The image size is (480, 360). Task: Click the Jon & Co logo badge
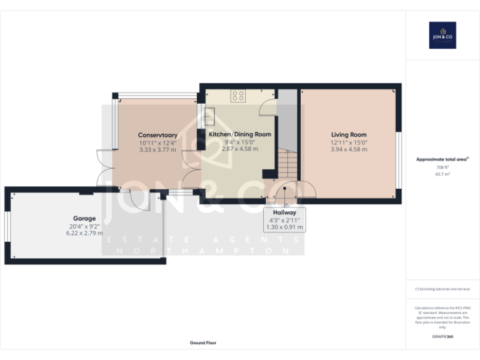pyautogui.click(x=442, y=35)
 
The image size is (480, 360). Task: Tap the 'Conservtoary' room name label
pyautogui.click(x=157, y=134)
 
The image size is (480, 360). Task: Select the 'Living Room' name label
pyautogui.click(x=349, y=134)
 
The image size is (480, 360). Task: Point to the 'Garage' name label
pyautogui.click(x=84, y=218)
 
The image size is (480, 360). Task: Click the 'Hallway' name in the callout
pyautogui.click(x=284, y=212)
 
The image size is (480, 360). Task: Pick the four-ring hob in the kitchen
pyautogui.click(x=238, y=96)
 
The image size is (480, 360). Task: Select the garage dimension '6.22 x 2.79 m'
pyautogui.click(x=84, y=233)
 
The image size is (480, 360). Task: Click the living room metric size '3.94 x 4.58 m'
pyautogui.click(x=349, y=149)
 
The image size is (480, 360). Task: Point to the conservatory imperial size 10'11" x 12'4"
pyautogui.click(x=157, y=142)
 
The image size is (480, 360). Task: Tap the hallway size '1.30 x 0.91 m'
pyautogui.click(x=284, y=227)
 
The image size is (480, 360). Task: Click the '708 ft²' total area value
pyautogui.click(x=442, y=167)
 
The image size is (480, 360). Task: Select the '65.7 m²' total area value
pyautogui.click(x=442, y=174)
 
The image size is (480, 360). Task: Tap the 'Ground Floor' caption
pyautogui.click(x=203, y=342)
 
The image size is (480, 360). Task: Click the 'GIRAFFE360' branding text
pyautogui.click(x=442, y=337)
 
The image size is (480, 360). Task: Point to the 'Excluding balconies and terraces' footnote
pyautogui.click(x=442, y=289)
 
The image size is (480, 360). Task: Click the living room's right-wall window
pyautogui.click(x=399, y=159)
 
